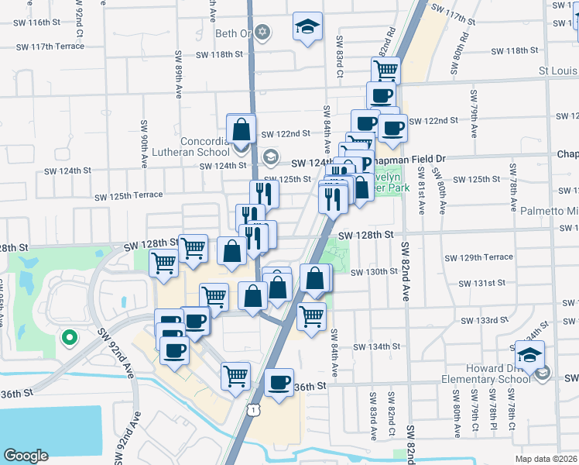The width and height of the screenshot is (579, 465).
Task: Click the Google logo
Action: click(x=26, y=455)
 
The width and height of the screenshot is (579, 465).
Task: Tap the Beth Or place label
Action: click(x=233, y=33)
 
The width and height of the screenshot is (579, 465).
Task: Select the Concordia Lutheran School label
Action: click(x=205, y=147)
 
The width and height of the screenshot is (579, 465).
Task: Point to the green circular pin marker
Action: click(x=69, y=337)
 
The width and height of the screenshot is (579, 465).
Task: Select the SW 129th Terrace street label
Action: click(x=478, y=257)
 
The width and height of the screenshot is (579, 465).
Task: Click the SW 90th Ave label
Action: click(x=144, y=146)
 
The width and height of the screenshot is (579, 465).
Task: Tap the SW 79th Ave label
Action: click(x=473, y=111)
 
